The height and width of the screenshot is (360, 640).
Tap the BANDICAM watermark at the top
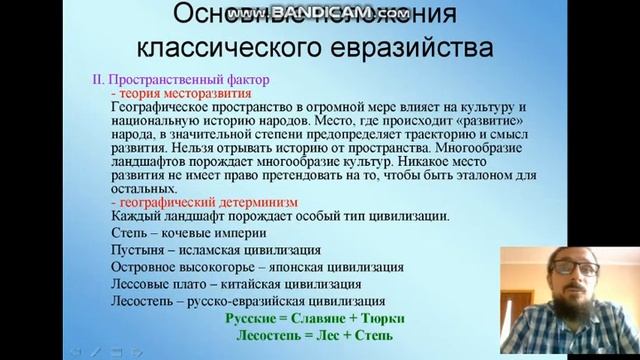[320, 11]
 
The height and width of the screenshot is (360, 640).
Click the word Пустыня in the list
[135, 250]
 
